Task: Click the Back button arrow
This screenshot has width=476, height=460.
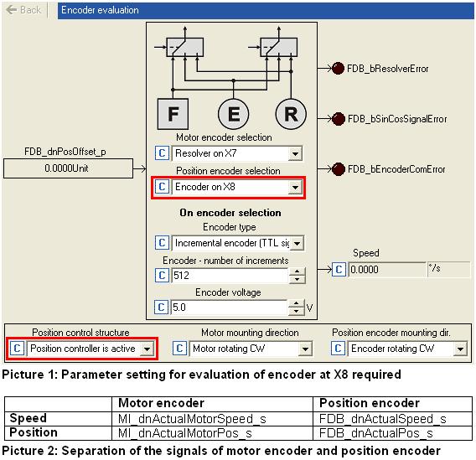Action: [11, 10]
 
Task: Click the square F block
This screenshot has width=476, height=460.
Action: [173, 114]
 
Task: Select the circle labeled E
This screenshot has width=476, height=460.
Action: [234, 114]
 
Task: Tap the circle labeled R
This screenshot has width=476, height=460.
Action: [291, 114]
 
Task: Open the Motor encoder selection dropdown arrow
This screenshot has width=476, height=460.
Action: [295, 153]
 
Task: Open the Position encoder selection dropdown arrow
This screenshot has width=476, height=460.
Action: [295, 187]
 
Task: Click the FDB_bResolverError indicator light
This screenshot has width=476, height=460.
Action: [338, 68]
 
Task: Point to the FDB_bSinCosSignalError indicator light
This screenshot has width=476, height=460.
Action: [339, 119]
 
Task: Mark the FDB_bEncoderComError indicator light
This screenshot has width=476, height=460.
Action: [339, 169]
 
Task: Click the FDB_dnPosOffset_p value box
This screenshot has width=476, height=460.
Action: [68, 168]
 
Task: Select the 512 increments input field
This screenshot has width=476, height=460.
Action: [230, 276]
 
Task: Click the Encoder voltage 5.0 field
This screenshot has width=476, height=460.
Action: [229, 308]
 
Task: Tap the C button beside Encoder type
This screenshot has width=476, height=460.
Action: [162, 243]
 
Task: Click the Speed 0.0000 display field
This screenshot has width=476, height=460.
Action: [387, 270]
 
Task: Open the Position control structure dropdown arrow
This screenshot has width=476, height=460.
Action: [147, 349]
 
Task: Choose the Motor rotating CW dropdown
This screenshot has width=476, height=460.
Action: [250, 349]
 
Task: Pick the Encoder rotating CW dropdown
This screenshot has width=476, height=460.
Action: [406, 349]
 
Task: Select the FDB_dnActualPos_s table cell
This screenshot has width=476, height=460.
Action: [392, 433]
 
